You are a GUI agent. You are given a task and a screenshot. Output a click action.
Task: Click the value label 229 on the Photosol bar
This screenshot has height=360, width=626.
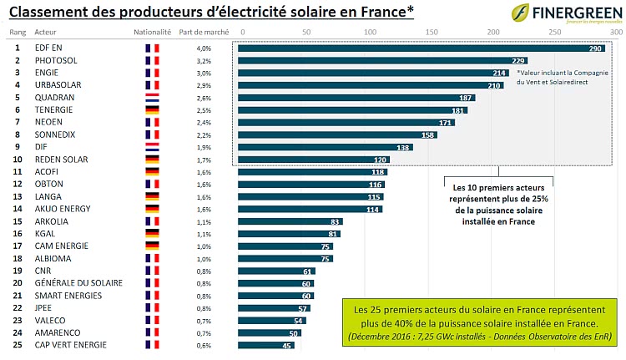pyautogui.click(x=518, y=61)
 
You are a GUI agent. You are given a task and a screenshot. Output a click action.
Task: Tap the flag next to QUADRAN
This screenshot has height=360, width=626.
pyautogui.click(x=152, y=97)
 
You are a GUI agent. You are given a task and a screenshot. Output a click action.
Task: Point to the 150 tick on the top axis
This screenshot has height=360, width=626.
pyautogui.click(x=431, y=31)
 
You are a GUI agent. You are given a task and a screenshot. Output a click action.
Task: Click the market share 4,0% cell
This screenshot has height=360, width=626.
pyautogui.click(x=203, y=48)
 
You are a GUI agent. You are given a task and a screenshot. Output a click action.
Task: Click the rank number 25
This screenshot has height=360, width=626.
pyautogui.click(x=17, y=344)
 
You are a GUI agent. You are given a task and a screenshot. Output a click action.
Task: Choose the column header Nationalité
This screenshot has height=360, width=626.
pyautogui.click(x=152, y=31)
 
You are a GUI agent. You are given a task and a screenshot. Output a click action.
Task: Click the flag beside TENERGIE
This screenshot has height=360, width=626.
pyautogui.click(x=152, y=109)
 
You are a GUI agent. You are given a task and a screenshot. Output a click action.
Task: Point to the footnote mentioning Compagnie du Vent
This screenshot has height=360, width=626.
pyautogui.click(x=563, y=78)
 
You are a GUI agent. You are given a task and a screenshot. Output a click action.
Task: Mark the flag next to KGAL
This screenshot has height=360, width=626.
pyautogui.click(x=152, y=233)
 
